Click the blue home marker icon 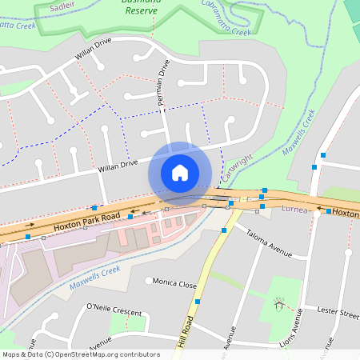[180, 173]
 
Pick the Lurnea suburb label [295, 209]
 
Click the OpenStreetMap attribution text [80, 354]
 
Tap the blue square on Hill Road [198, 302]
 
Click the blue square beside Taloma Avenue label [224, 230]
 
